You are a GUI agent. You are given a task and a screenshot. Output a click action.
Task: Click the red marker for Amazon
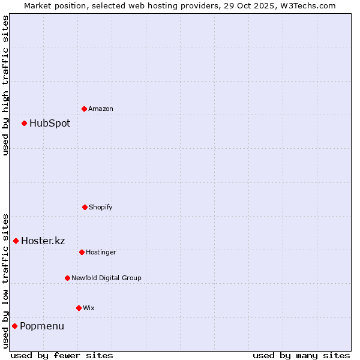(85, 109)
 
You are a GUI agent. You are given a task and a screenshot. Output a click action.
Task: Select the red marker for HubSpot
(25, 123)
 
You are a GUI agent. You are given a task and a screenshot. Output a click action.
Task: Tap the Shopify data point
(85, 207)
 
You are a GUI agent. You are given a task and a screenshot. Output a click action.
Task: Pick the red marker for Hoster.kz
(16, 241)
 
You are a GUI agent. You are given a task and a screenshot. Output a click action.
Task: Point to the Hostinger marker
(82, 252)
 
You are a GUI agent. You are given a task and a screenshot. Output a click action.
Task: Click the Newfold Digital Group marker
(67, 278)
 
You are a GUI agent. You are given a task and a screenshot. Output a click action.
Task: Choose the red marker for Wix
(79, 308)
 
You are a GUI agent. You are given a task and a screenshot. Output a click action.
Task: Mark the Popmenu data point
(15, 326)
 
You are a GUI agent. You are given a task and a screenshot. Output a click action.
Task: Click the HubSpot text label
(50, 124)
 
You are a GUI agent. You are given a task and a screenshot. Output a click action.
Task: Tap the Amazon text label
(101, 109)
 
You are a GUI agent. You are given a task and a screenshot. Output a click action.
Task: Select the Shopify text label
(101, 208)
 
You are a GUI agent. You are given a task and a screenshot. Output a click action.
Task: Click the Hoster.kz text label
(43, 241)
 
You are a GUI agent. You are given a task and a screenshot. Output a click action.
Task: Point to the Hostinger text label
(101, 253)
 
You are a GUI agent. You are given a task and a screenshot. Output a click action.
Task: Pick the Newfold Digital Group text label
(107, 278)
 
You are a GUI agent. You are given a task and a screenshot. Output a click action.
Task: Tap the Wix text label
(89, 308)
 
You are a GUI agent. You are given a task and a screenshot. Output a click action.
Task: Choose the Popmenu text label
(42, 326)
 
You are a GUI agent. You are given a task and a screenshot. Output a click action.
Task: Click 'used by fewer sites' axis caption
(62, 356)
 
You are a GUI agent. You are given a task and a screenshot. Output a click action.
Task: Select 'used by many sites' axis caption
(301, 356)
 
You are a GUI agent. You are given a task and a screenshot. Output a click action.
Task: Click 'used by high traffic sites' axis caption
(6, 85)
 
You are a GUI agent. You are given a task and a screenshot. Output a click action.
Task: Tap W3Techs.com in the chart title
(307, 5)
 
